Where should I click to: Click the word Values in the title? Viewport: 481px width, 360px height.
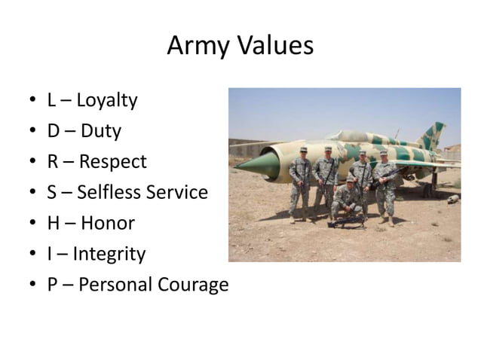pyautogui.click(x=274, y=47)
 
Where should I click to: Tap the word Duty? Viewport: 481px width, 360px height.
pyautogui.click(x=100, y=131)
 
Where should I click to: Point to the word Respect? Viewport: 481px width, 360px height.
pyautogui.click(x=113, y=162)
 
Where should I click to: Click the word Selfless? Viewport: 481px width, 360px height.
pyautogui.click(x=109, y=193)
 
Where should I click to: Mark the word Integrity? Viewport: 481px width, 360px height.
pyautogui.click(x=109, y=255)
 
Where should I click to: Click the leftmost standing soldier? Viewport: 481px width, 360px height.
pyautogui.click(x=300, y=185)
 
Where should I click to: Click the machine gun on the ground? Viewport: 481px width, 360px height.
pyautogui.click(x=345, y=221)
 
